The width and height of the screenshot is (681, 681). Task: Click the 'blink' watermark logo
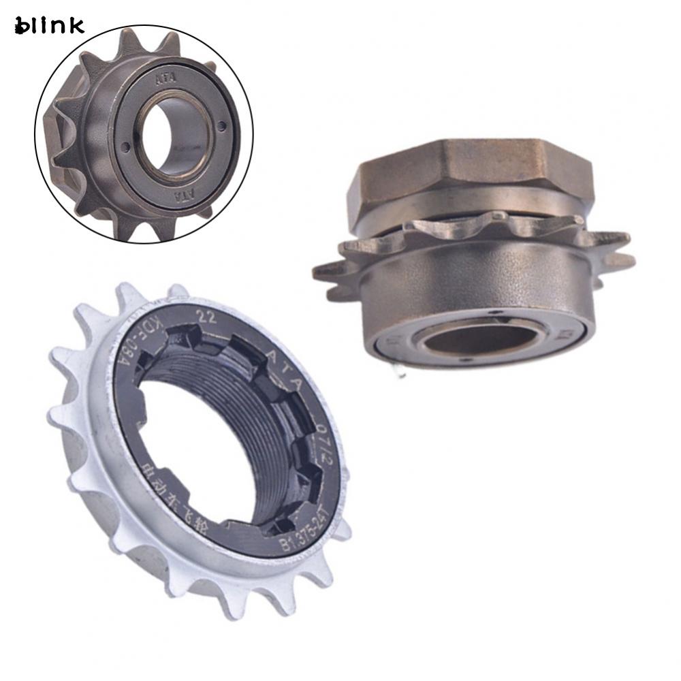coord(48,25)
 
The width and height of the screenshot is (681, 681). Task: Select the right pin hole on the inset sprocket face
coord(222,125)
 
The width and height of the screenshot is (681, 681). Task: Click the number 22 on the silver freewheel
coord(203,315)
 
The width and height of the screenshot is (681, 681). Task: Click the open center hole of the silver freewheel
coord(197,449)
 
